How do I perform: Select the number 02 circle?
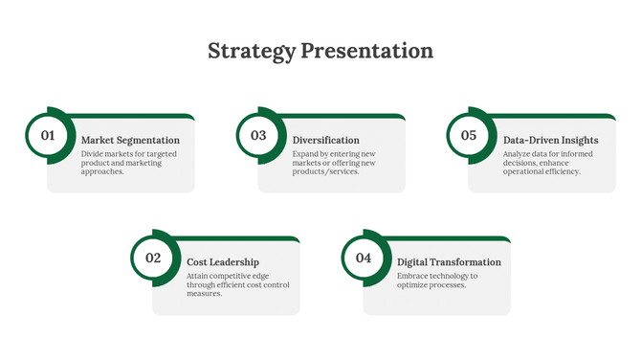pos(153,258)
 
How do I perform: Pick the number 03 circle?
pos(258,136)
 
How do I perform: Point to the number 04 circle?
pos(364,258)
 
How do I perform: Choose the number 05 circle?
pos(469,136)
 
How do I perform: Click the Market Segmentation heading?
pos(130,141)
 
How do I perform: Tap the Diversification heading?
pos(326,141)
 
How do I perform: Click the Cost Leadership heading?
pos(223,262)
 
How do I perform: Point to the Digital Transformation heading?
pos(449,262)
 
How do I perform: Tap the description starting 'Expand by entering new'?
pos(334,163)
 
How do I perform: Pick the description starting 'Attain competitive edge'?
pos(238,284)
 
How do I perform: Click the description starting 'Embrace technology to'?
pos(438,281)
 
